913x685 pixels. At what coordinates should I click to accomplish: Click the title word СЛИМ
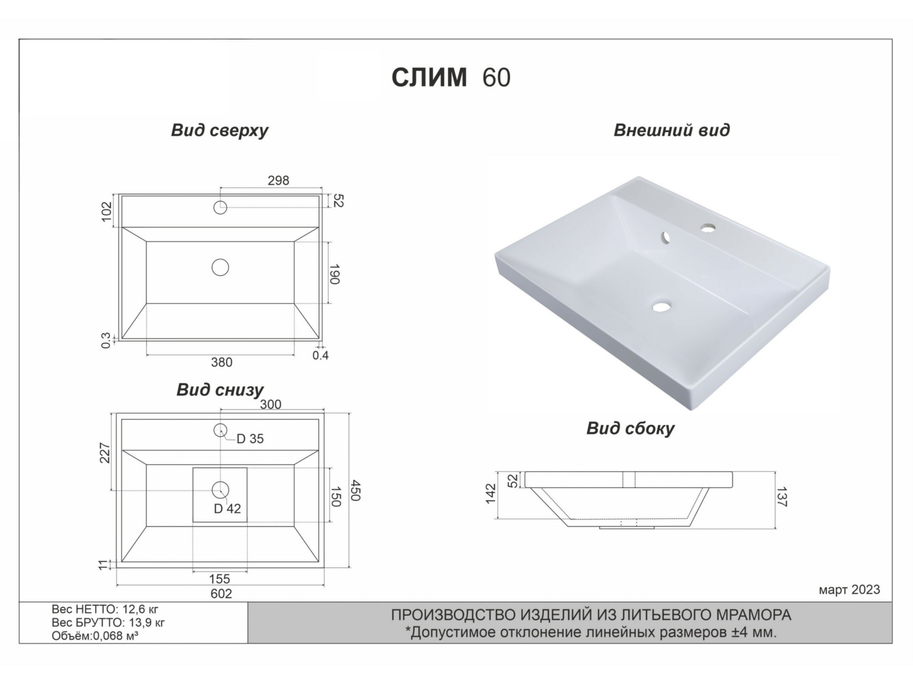pyautogui.click(x=429, y=78)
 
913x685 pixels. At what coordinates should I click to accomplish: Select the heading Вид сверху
pyautogui.click(x=219, y=130)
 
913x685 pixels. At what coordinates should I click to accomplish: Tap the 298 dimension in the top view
pyautogui.click(x=278, y=180)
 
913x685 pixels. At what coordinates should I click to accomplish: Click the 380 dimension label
pyautogui.click(x=221, y=362)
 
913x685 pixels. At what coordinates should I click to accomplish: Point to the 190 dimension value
pyautogui.click(x=335, y=273)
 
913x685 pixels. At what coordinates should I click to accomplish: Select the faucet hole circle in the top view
pyautogui.click(x=220, y=207)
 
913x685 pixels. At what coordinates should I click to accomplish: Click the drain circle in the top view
pyautogui.click(x=220, y=267)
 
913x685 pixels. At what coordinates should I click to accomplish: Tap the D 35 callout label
pyautogui.click(x=250, y=439)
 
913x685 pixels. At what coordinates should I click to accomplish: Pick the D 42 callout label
pyautogui.click(x=227, y=509)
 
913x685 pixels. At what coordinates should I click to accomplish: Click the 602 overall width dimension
pyautogui.click(x=221, y=594)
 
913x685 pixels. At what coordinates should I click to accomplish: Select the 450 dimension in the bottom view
pyautogui.click(x=355, y=491)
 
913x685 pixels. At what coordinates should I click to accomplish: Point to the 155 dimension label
pyautogui.click(x=219, y=579)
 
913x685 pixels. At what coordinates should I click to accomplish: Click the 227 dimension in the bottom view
pyautogui.click(x=105, y=453)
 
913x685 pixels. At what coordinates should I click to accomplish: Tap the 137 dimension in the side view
pyautogui.click(x=782, y=496)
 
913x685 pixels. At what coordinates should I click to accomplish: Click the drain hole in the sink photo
pyautogui.click(x=661, y=307)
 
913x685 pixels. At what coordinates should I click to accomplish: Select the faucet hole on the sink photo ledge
pyautogui.click(x=709, y=228)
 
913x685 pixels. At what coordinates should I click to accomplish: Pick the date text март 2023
pyautogui.click(x=849, y=590)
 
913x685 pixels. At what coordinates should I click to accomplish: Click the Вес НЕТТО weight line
pyautogui.click(x=105, y=609)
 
